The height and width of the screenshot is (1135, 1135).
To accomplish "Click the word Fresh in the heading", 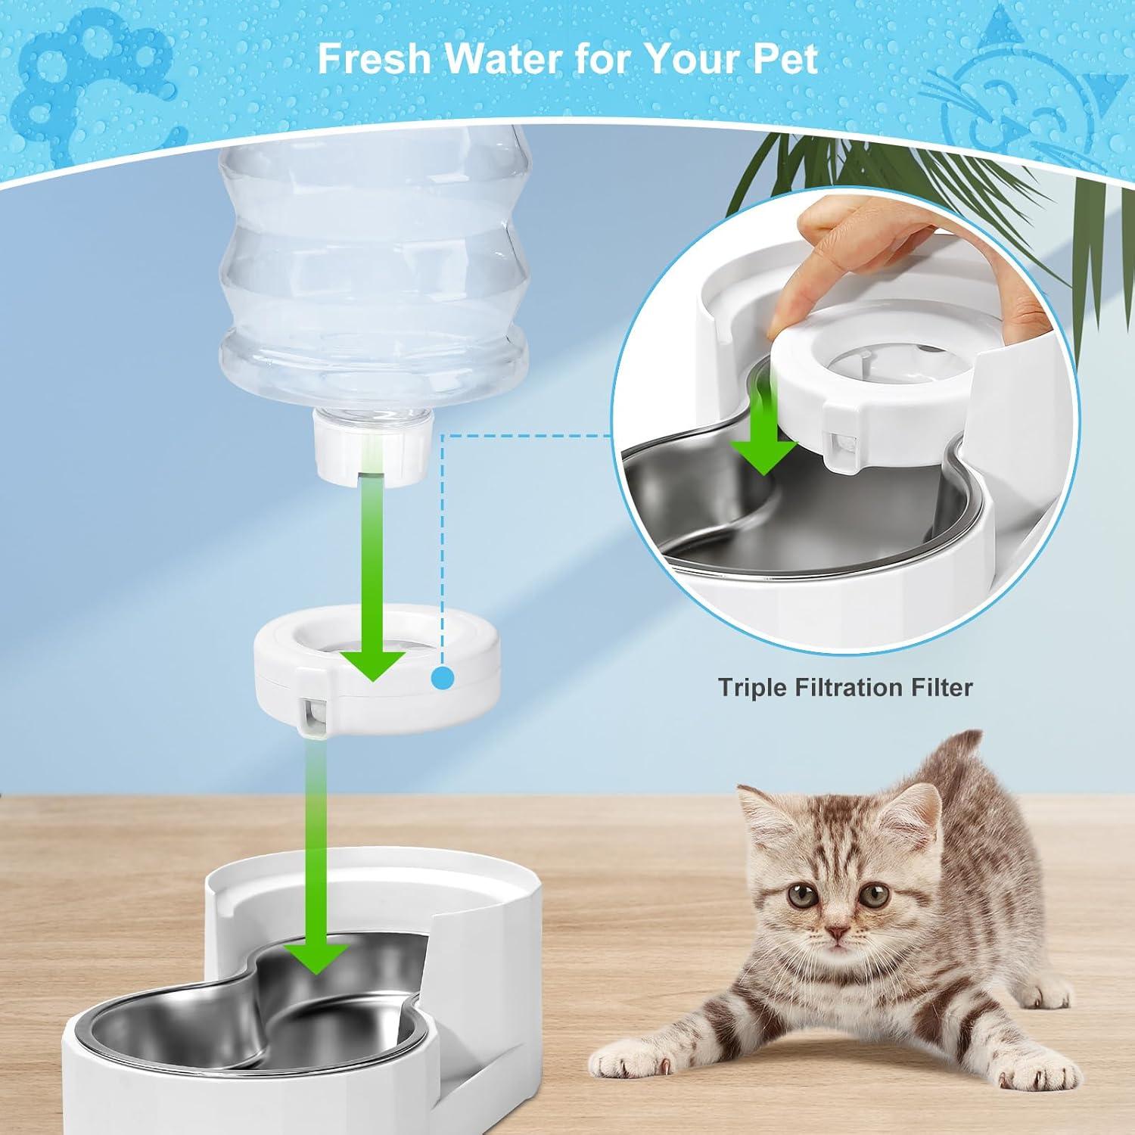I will click(x=374, y=58).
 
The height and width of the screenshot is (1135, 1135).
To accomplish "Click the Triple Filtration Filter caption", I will click(x=844, y=687).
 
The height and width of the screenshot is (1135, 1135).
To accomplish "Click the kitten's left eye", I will click(x=798, y=897).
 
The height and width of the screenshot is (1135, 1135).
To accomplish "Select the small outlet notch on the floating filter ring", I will click(x=313, y=711).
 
